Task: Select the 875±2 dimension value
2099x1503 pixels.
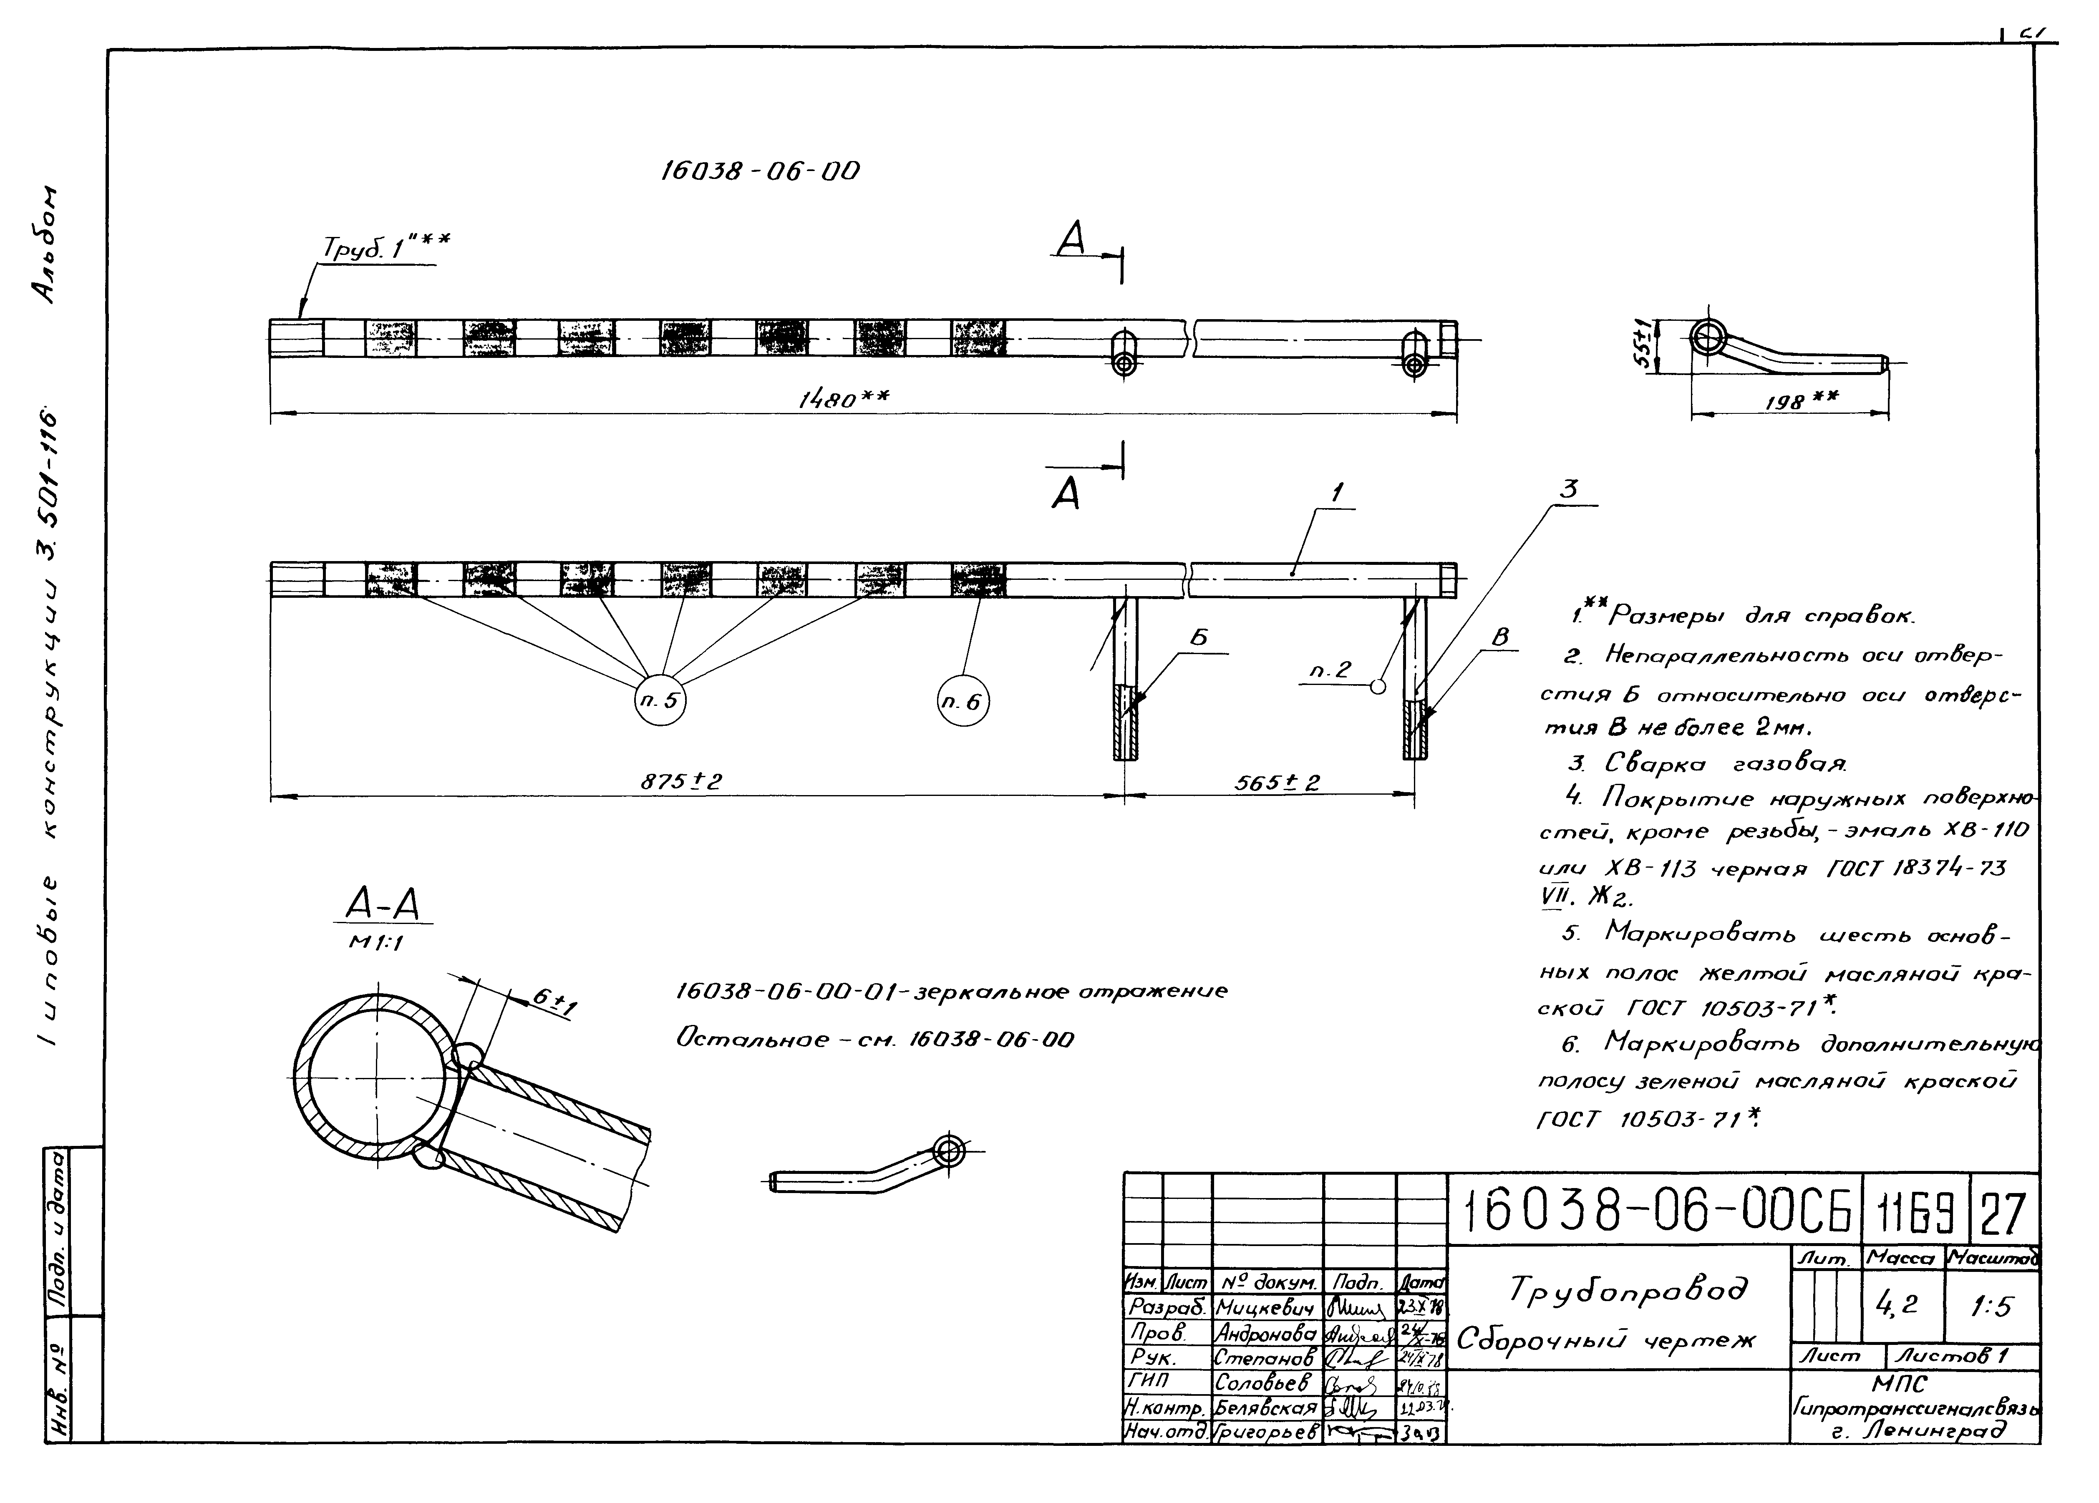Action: coord(681,782)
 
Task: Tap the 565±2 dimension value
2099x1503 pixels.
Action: coord(1277,782)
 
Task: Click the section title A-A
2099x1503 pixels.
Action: coord(382,903)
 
